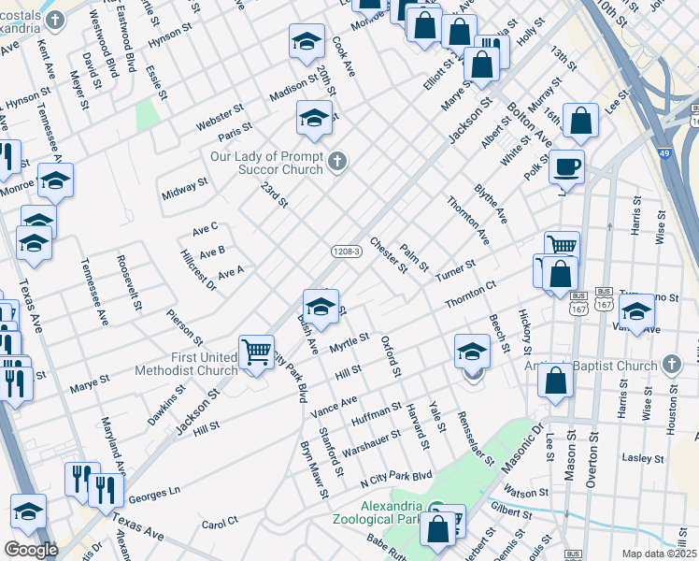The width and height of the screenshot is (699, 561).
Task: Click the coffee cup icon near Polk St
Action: tap(566, 168)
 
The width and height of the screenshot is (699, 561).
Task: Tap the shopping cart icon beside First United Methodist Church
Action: tap(256, 352)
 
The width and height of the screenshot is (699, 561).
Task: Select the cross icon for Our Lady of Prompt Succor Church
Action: tap(337, 164)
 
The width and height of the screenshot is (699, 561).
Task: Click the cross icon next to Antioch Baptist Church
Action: tap(670, 364)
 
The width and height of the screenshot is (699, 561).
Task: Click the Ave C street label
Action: tap(205, 227)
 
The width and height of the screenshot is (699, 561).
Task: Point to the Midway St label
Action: tap(183, 190)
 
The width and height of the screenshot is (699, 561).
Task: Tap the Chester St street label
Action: tap(389, 255)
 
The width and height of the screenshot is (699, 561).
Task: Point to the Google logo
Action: tap(31, 550)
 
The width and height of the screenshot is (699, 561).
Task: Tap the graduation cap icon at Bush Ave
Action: tap(320, 307)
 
